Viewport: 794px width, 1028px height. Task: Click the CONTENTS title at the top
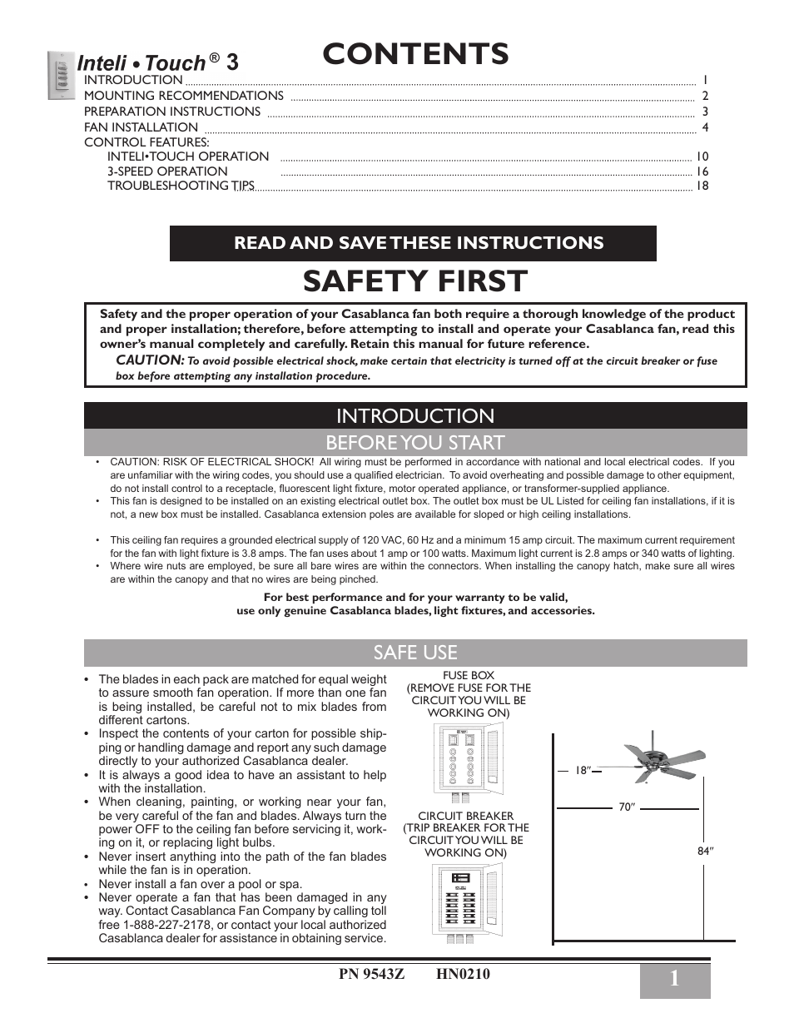click(x=415, y=53)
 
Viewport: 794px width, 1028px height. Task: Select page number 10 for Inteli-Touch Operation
click(x=702, y=156)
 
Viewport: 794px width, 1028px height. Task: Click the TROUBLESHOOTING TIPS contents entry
click(x=181, y=186)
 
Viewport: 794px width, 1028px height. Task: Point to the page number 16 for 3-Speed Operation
click(x=702, y=171)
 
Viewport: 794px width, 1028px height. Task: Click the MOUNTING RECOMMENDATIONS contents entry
click(x=183, y=96)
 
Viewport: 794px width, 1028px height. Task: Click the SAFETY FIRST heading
click(x=415, y=281)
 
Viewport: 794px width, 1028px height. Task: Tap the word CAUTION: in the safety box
click(x=149, y=360)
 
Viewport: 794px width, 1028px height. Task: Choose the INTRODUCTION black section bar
click(x=415, y=415)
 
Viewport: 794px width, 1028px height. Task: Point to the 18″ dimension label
click(x=583, y=771)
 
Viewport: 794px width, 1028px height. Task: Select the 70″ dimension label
click(x=627, y=807)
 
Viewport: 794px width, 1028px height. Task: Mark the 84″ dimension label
click(x=706, y=851)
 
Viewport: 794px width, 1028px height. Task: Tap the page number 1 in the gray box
click(x=674, y=981)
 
